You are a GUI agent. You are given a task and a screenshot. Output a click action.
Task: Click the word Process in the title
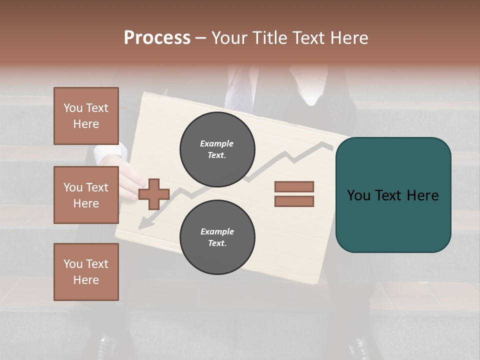click(x=157, y=37)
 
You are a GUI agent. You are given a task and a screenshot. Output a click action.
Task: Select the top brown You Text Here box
click(x=86, y=116)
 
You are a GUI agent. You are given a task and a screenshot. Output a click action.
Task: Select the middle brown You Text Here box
click(x=86, y=195)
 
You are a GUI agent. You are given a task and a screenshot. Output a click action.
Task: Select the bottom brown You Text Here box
click(x=86, y=271)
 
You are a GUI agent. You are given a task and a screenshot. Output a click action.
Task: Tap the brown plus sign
click(x=154, y=193)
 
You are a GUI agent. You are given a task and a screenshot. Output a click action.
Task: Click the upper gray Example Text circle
click(x=217, y=149)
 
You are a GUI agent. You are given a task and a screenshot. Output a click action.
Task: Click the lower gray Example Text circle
click(x=217, y=237)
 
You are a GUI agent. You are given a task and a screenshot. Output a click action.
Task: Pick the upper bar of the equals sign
click(x=294, y=186)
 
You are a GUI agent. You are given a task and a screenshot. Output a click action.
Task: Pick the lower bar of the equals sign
click(x=294, y=201)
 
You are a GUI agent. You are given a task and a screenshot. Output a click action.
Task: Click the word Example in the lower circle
click(x=217, y=231)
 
